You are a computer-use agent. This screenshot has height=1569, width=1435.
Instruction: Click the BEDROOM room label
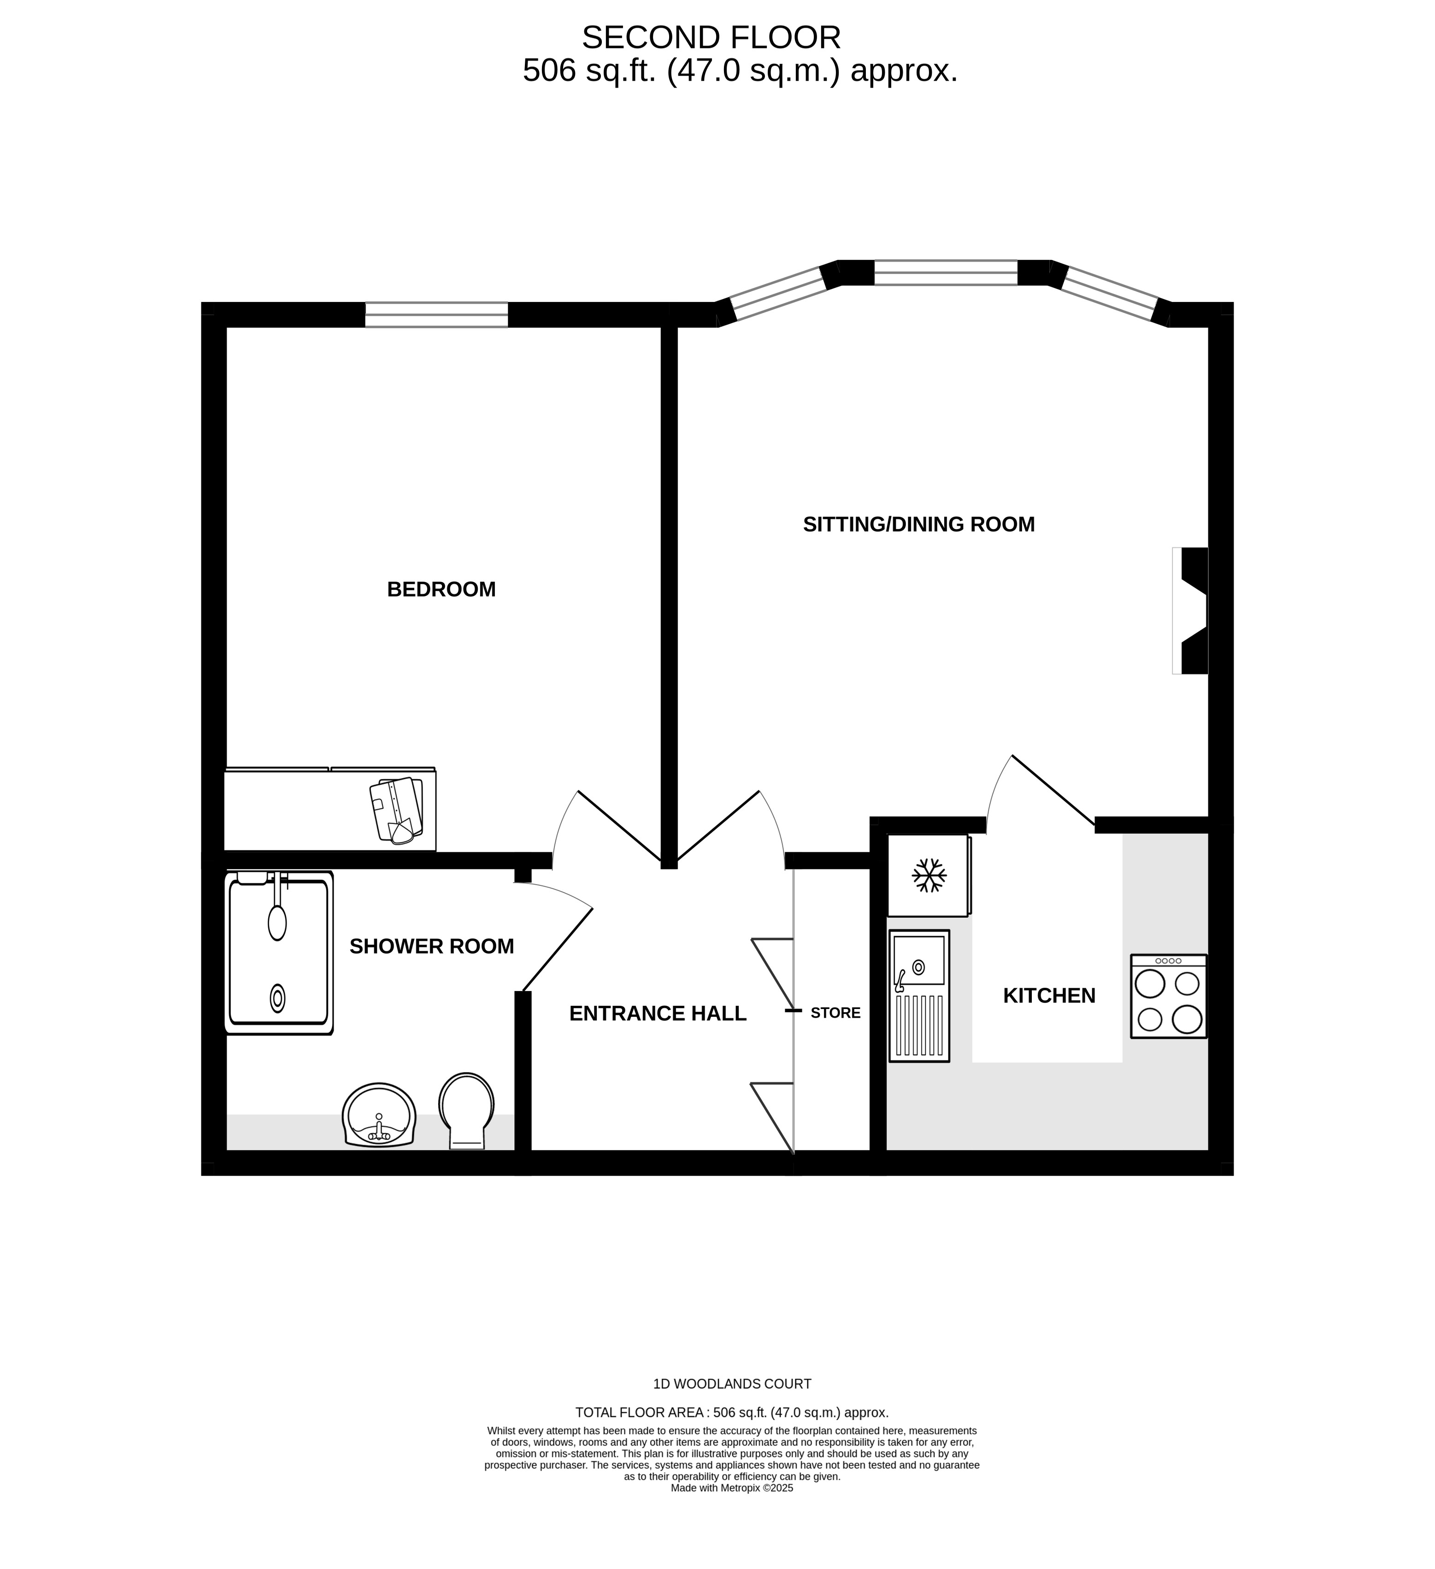[441, 589]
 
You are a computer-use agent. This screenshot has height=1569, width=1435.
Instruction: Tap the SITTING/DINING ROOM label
[918, 525]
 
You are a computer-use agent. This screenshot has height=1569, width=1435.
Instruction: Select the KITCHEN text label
[1048, 996]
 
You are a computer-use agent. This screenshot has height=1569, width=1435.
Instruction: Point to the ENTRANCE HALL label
[658, 1013]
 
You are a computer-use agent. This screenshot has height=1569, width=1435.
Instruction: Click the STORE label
[835, 1013]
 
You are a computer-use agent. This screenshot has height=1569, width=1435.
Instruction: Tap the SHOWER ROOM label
[431, 946]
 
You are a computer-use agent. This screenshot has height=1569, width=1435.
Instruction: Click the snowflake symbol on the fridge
[929, 876]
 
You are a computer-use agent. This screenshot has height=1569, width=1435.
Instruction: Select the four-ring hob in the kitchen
[1168, 996]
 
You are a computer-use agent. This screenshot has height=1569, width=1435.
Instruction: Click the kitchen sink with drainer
[919, 996]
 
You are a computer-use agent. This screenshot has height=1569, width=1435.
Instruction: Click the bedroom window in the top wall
[436, 314]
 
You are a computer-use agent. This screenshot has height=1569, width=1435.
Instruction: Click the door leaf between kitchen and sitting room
[1053, 790]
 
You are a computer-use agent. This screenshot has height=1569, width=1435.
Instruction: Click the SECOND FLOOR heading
[711, 37]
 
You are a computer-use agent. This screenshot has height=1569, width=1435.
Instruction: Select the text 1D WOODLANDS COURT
[731, 1384]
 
